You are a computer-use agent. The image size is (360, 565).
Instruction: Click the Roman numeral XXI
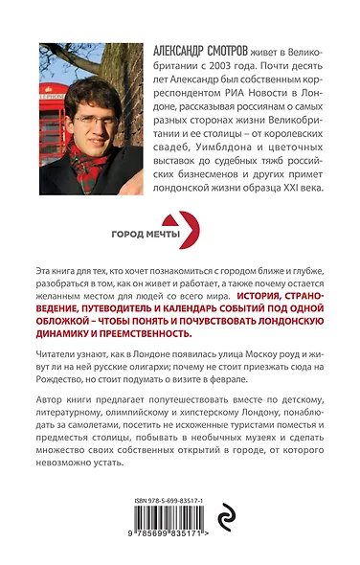[x=289, y=201]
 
